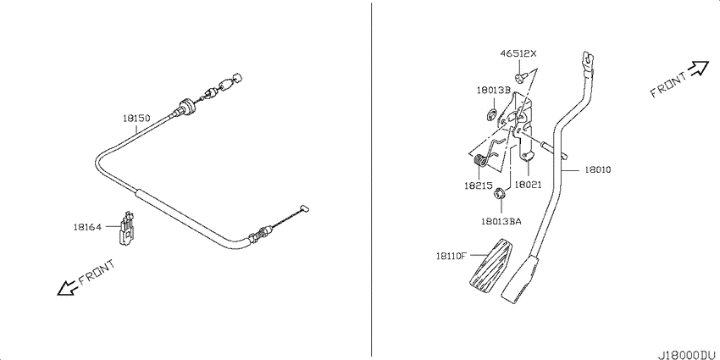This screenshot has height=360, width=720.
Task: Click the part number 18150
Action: click(x=136, y=118)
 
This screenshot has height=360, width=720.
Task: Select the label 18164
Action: click(x=87, y=227)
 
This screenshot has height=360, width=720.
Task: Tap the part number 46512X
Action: click(x=518, y=53)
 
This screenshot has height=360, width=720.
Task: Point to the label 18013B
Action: click(x=493, y=90)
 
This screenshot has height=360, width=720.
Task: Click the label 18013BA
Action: click(x=501, y=221)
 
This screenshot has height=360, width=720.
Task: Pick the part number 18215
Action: click(x=479, y=186)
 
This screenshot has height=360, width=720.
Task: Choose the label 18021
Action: click(x=528, y=185)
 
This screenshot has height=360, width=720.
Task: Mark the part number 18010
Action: click(x=597, y=169)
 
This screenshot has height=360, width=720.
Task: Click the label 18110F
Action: click(x=451, y=256)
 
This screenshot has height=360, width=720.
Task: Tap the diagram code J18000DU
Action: click(x=687, y=355)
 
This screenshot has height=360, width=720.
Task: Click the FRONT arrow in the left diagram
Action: click(x=66, y=288)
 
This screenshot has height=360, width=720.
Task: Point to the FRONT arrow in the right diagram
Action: click(x=699, y=69)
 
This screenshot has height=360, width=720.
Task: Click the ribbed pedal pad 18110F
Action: click(x=491, y=268)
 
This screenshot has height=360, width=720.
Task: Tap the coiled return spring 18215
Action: click(x=479, y=161)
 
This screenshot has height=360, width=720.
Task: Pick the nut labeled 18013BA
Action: click(x=501, y=193)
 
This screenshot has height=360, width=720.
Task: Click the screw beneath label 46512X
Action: click(x=520, y=78)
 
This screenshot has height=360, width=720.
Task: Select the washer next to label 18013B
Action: click(x=490, y=114)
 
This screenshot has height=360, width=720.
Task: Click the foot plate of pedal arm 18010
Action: click(x=519, y=282)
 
